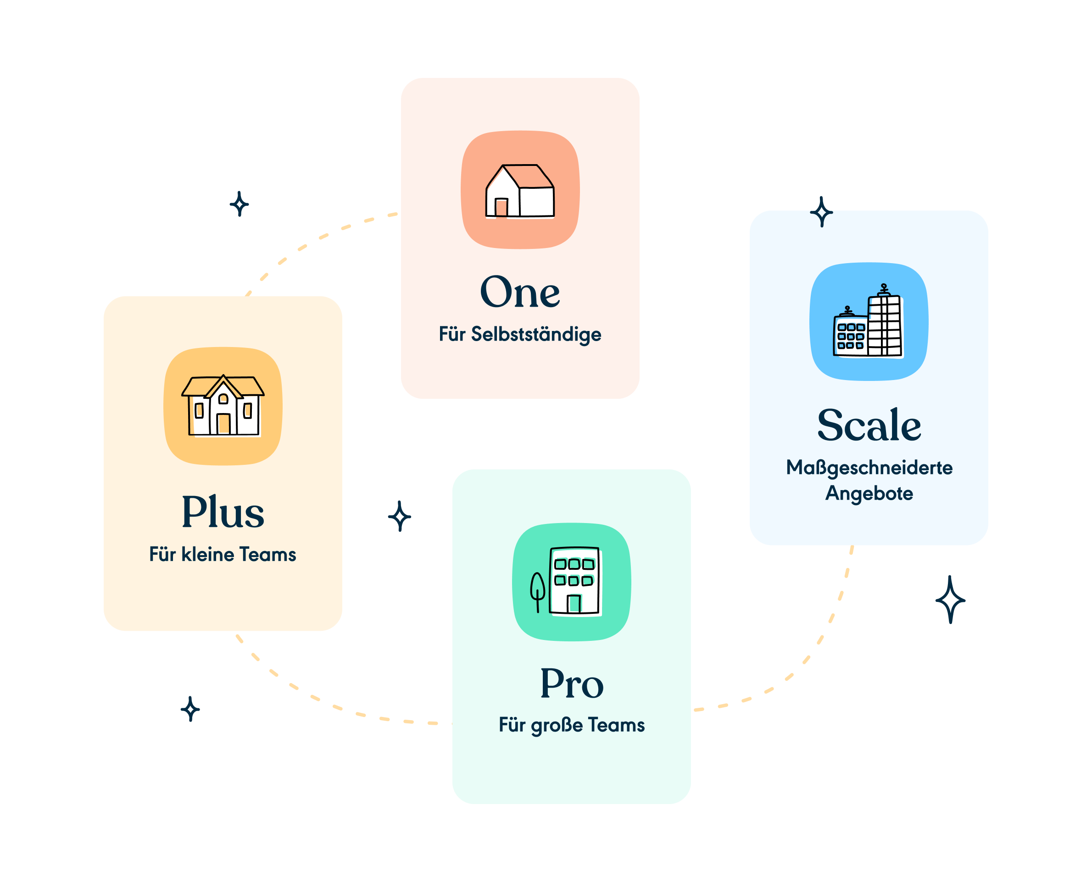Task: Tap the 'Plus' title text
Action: click(x=223, y=512)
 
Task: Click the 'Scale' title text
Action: click(x=869, y=425)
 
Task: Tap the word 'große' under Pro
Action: click(x=557, y=725)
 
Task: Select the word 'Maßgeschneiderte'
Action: click(x=869, y=468)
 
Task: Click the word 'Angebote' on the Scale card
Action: click(x=869, y=493)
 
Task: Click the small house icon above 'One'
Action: click(x=519, y=191)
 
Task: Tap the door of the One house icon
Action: click(x=501, y=207)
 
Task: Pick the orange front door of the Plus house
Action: click(x=223, y=424)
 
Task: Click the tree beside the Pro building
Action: click(x=537, y=591)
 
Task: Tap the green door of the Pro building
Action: click(x=574, y=604)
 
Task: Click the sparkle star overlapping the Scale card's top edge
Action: click(x=822, y=212)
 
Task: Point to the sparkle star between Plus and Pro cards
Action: click(x=400, y=516)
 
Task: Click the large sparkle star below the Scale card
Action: click(x=950, y=600)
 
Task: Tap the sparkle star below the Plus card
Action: click(x=190, y=709)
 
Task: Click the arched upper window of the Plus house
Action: click(x=223, y=399)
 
